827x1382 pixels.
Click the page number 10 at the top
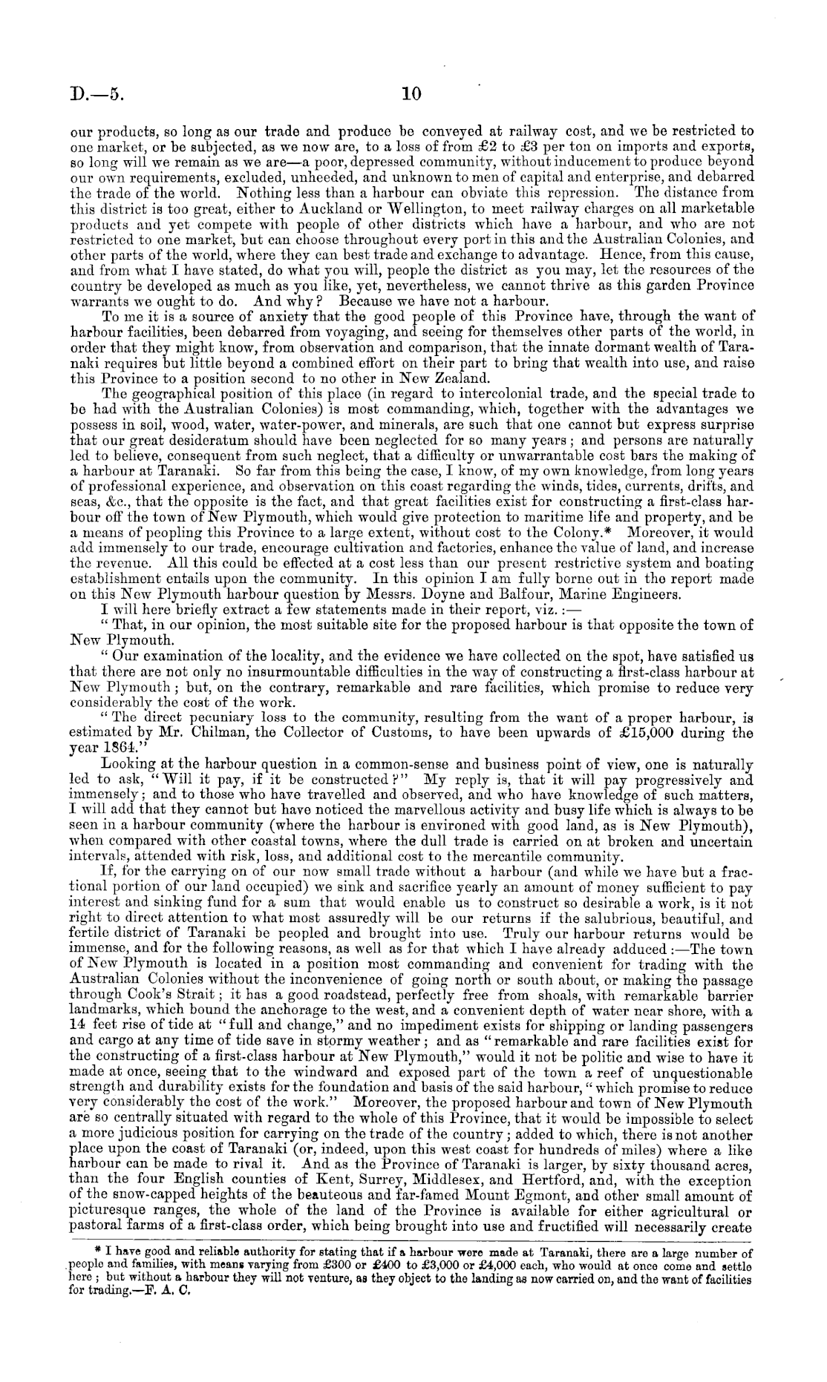411,94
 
